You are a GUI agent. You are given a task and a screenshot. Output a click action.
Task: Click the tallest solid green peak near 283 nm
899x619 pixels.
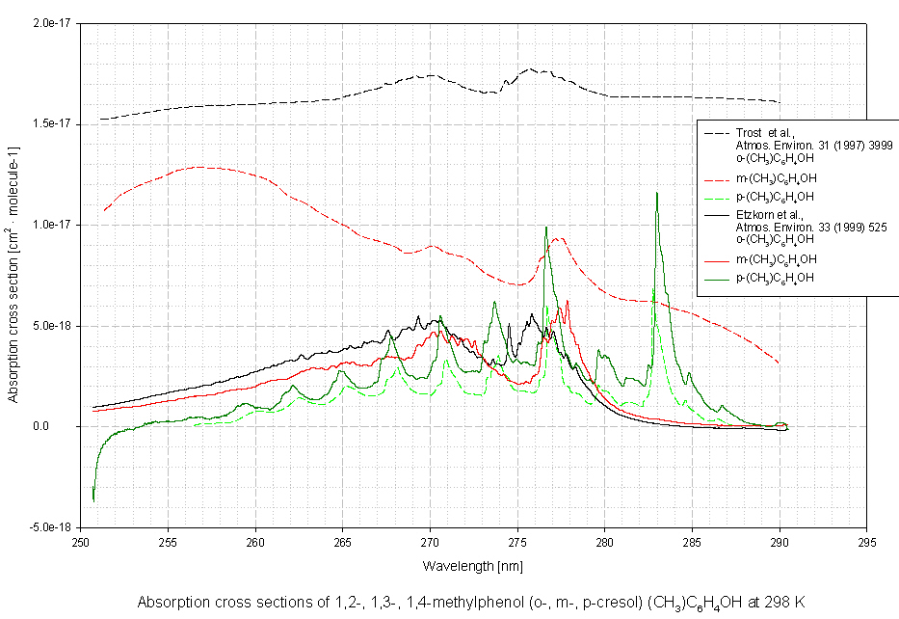[x=657, y=193]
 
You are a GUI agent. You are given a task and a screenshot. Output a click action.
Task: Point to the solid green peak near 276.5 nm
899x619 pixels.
[x=545, y=228]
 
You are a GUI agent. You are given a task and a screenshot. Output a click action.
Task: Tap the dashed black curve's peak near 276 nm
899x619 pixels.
[x=530, y=69]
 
